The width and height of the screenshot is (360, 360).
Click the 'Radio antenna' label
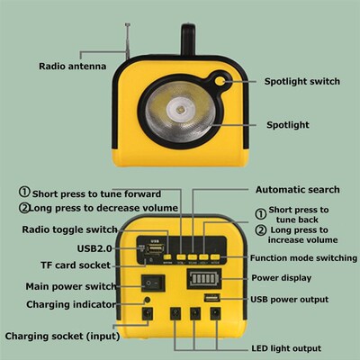pyautogui.click(x=72, y=67)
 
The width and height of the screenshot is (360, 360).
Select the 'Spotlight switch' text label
pyautogui.click(x=301, y=82)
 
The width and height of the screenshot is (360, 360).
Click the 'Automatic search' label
pyautogui.click(x=297, y=190)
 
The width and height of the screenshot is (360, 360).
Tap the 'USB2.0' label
pyautogui.click(x=95, y=247)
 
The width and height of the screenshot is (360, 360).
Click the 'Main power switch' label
pyautogui.click(x=69, y=287)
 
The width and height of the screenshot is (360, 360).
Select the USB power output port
pyautogui.click(x=213, y=300)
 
